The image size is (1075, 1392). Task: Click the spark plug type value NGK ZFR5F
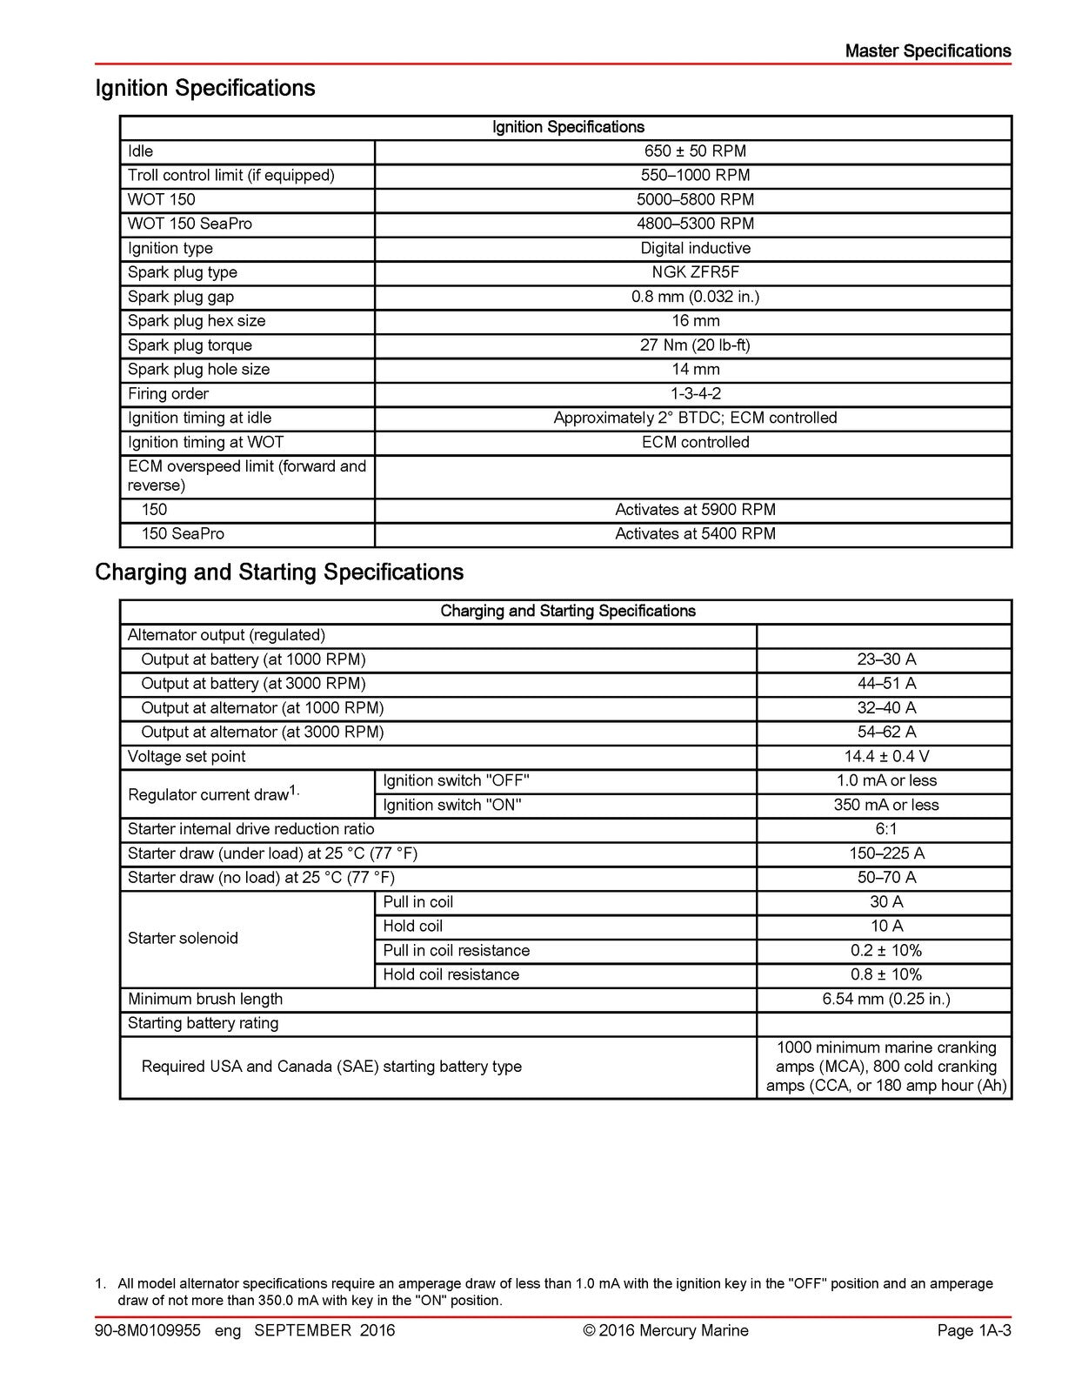pyautogui.click(x=695, y=272)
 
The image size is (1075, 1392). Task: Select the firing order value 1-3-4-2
pyautogui.click(x=695, y=394)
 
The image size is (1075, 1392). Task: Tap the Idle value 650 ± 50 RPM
pyautogui.click(x=695, y=151)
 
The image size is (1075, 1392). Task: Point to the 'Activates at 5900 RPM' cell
pyautogui.click(x=695, y=510)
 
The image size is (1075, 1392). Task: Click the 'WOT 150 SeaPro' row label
pyautogui.click(x=190, y=224)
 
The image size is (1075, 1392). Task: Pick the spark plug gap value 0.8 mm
pyautogui.click(x=695, y=297)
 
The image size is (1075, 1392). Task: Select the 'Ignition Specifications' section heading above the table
pyautogui.click(x=205, y=89)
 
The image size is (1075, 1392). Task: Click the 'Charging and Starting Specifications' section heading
pyautogui.click(x=279, y=572)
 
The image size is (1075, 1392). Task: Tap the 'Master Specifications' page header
pyautogui.click(x=927, y=51)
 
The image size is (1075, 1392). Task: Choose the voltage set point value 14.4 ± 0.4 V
pyautogui.click(x=886, y=757)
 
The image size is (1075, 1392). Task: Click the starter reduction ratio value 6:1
pyautogui.click(x=886, y=830)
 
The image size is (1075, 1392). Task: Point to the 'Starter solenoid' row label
pyautogui.click(x=183, y=939)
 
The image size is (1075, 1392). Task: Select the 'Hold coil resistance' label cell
pyautogui.click(x=451, y=975)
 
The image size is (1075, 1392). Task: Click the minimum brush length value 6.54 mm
pyautogui.click(x=886, y=1000)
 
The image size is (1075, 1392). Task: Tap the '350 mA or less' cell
pyautogui.click(x=886, y=806)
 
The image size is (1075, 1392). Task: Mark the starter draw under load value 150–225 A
pyautogui.click(x=886, y=854)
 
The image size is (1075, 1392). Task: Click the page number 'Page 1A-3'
pyautogui.click(x=974, y=1330)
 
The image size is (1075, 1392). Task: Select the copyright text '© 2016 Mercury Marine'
pyautogui.click(x=665, y=1330)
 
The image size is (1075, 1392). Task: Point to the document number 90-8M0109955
pyautogui.click(x=148, y=1330)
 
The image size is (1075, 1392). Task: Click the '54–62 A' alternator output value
pyautogui.click(x=886, y=733)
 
